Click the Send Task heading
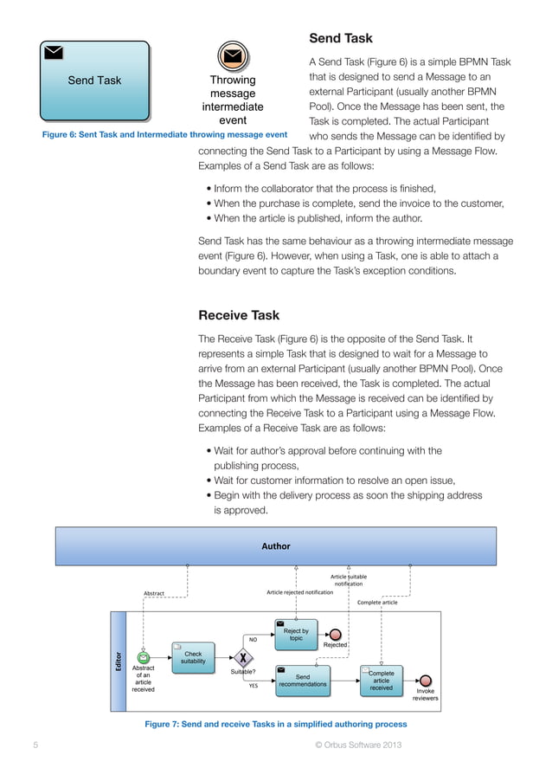point(341,38)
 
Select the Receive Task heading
point(239,315)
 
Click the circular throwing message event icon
point(232,56)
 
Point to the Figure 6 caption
point(164,135)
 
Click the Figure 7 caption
point(275,724)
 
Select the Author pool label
point(276,546)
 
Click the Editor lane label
point(119,661)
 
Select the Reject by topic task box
point(296,635)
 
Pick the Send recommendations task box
point(302,680)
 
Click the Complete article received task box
point(381,680)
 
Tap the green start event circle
point(144,658)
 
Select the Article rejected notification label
point(299,592)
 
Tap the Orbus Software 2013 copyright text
point(357,745)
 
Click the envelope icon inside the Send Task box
point(54,52)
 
